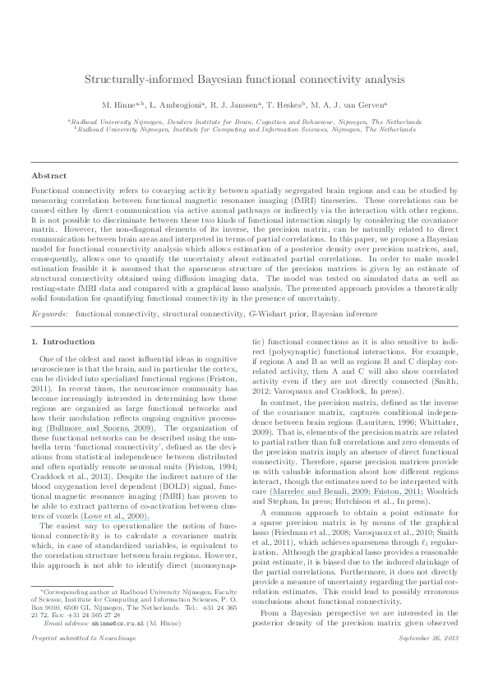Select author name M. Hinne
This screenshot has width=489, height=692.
(x=119, y=106)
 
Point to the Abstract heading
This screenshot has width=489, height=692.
(x=48, y=176)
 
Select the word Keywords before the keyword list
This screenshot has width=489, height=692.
(x=49, y=268)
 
